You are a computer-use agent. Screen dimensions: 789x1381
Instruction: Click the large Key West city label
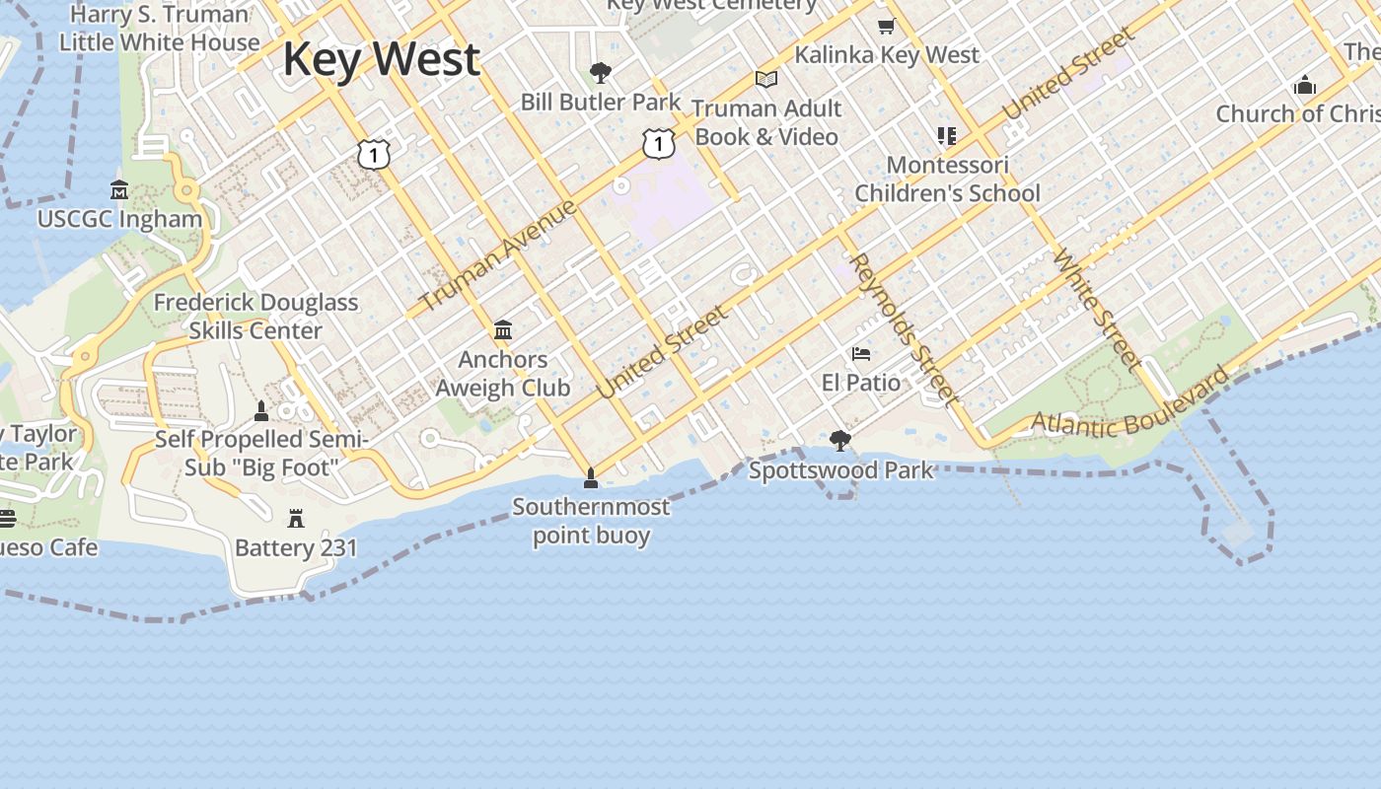click(381, 59)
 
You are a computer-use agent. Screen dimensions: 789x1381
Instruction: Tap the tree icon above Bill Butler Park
click(600, 72)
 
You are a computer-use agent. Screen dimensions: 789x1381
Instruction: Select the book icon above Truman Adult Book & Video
click(766, 79)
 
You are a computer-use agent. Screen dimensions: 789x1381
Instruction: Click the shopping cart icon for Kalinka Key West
click(886, 27)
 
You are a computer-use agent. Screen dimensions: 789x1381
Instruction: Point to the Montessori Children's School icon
click(947, 135)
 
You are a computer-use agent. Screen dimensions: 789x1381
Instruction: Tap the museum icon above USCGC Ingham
click(119, 189)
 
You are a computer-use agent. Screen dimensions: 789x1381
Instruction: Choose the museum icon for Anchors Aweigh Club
click(503, 329)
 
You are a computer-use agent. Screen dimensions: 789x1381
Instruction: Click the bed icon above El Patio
click(861, 353)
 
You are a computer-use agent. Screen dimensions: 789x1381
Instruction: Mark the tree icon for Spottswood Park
click(840, 440)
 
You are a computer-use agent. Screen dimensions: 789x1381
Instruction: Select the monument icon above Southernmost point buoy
click(591, 478)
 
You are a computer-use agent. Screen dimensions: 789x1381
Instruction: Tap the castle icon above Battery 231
click(295, 519)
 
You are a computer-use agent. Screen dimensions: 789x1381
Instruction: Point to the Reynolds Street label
click(904, 329)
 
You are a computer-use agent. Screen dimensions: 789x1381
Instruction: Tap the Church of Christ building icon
click(1305, 85)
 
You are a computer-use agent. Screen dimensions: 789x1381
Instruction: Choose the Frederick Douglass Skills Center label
click(255, 316)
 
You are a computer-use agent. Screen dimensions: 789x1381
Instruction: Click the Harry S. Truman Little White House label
click(159, 28)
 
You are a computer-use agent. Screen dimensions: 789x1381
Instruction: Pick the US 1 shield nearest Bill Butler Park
click(658, 143)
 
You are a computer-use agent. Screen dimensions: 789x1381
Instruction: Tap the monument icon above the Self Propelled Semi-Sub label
click(261, 410)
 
